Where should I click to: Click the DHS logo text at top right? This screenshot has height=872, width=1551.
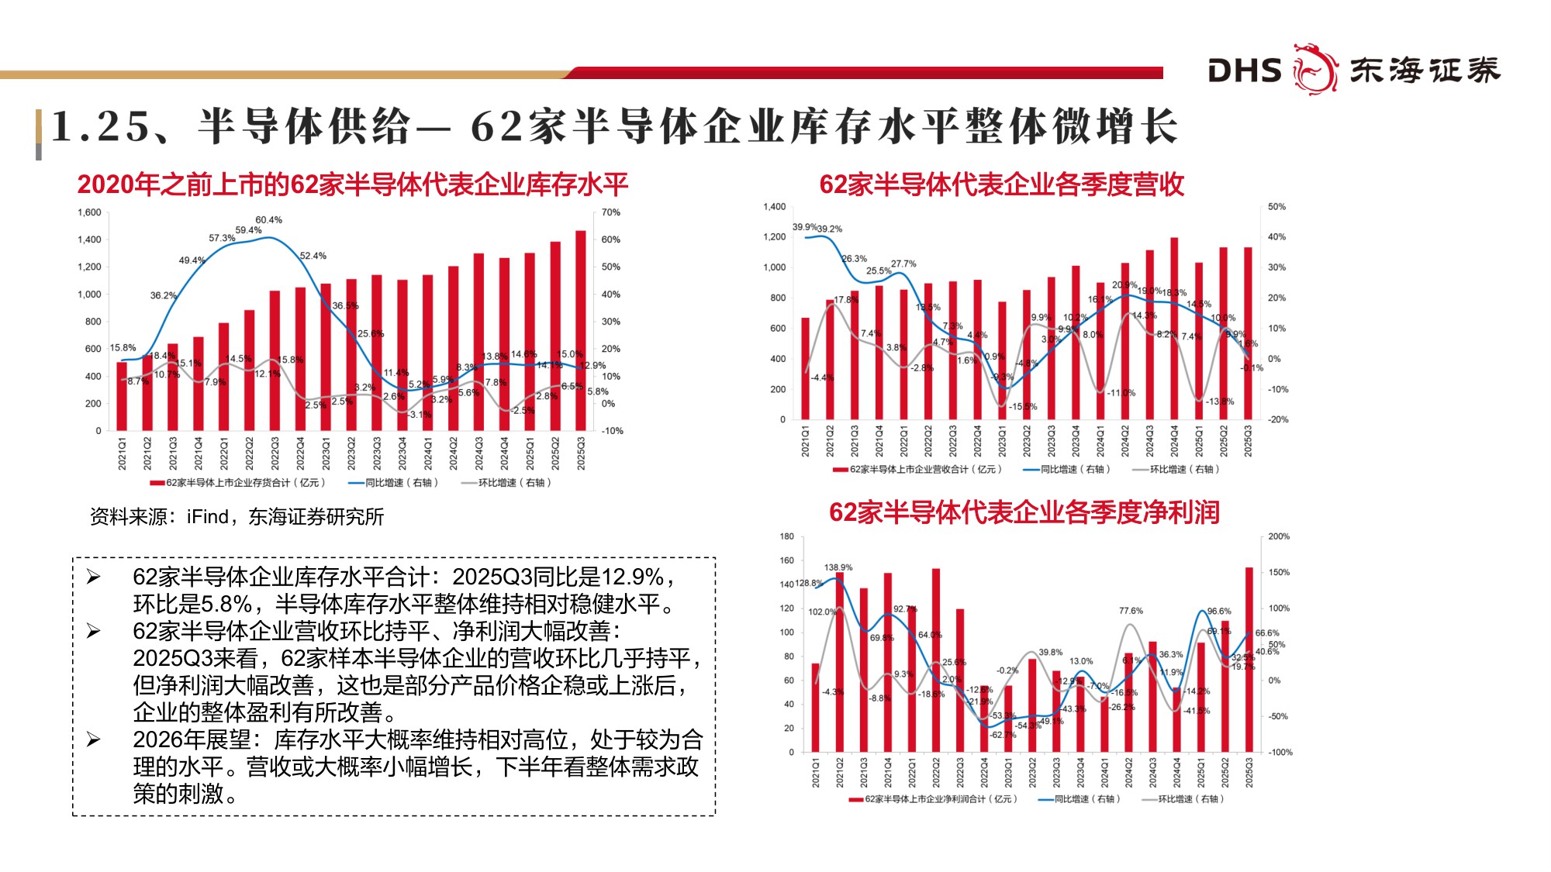click(x=1244, y=71)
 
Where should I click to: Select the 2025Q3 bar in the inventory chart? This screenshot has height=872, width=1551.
click(x=581, y=330)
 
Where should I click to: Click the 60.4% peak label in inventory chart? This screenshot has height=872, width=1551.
click(x=268, y=220)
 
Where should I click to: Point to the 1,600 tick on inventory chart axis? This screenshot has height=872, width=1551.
click(x=89, y=212)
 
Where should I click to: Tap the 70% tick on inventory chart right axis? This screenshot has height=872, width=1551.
click(x=611, y=212)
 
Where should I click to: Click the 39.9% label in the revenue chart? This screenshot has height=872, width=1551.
click(x=804, y=227)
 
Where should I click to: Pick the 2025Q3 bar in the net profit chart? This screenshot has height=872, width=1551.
click(x=1249, y=659)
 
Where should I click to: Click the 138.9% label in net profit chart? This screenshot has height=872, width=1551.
click(x=838, y=567)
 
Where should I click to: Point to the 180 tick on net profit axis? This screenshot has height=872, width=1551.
click(x=787, y=536)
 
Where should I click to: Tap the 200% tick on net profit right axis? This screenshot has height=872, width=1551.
click(x=1279, y=536)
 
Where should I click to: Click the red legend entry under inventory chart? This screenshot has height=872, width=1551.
click(x=237, y=483)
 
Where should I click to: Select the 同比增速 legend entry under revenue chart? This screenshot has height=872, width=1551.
click(x=1067, y=470)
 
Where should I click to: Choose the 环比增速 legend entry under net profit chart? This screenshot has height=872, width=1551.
click(x=1183, y=799)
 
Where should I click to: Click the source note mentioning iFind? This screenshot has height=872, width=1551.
click(x=237, y=517)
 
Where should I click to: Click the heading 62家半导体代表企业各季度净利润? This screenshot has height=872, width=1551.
click(x=1024, y=512)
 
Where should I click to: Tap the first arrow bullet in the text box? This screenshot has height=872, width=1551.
click(x=94, y=577)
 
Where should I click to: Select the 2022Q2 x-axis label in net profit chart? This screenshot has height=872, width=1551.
click(x=936, y=773)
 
